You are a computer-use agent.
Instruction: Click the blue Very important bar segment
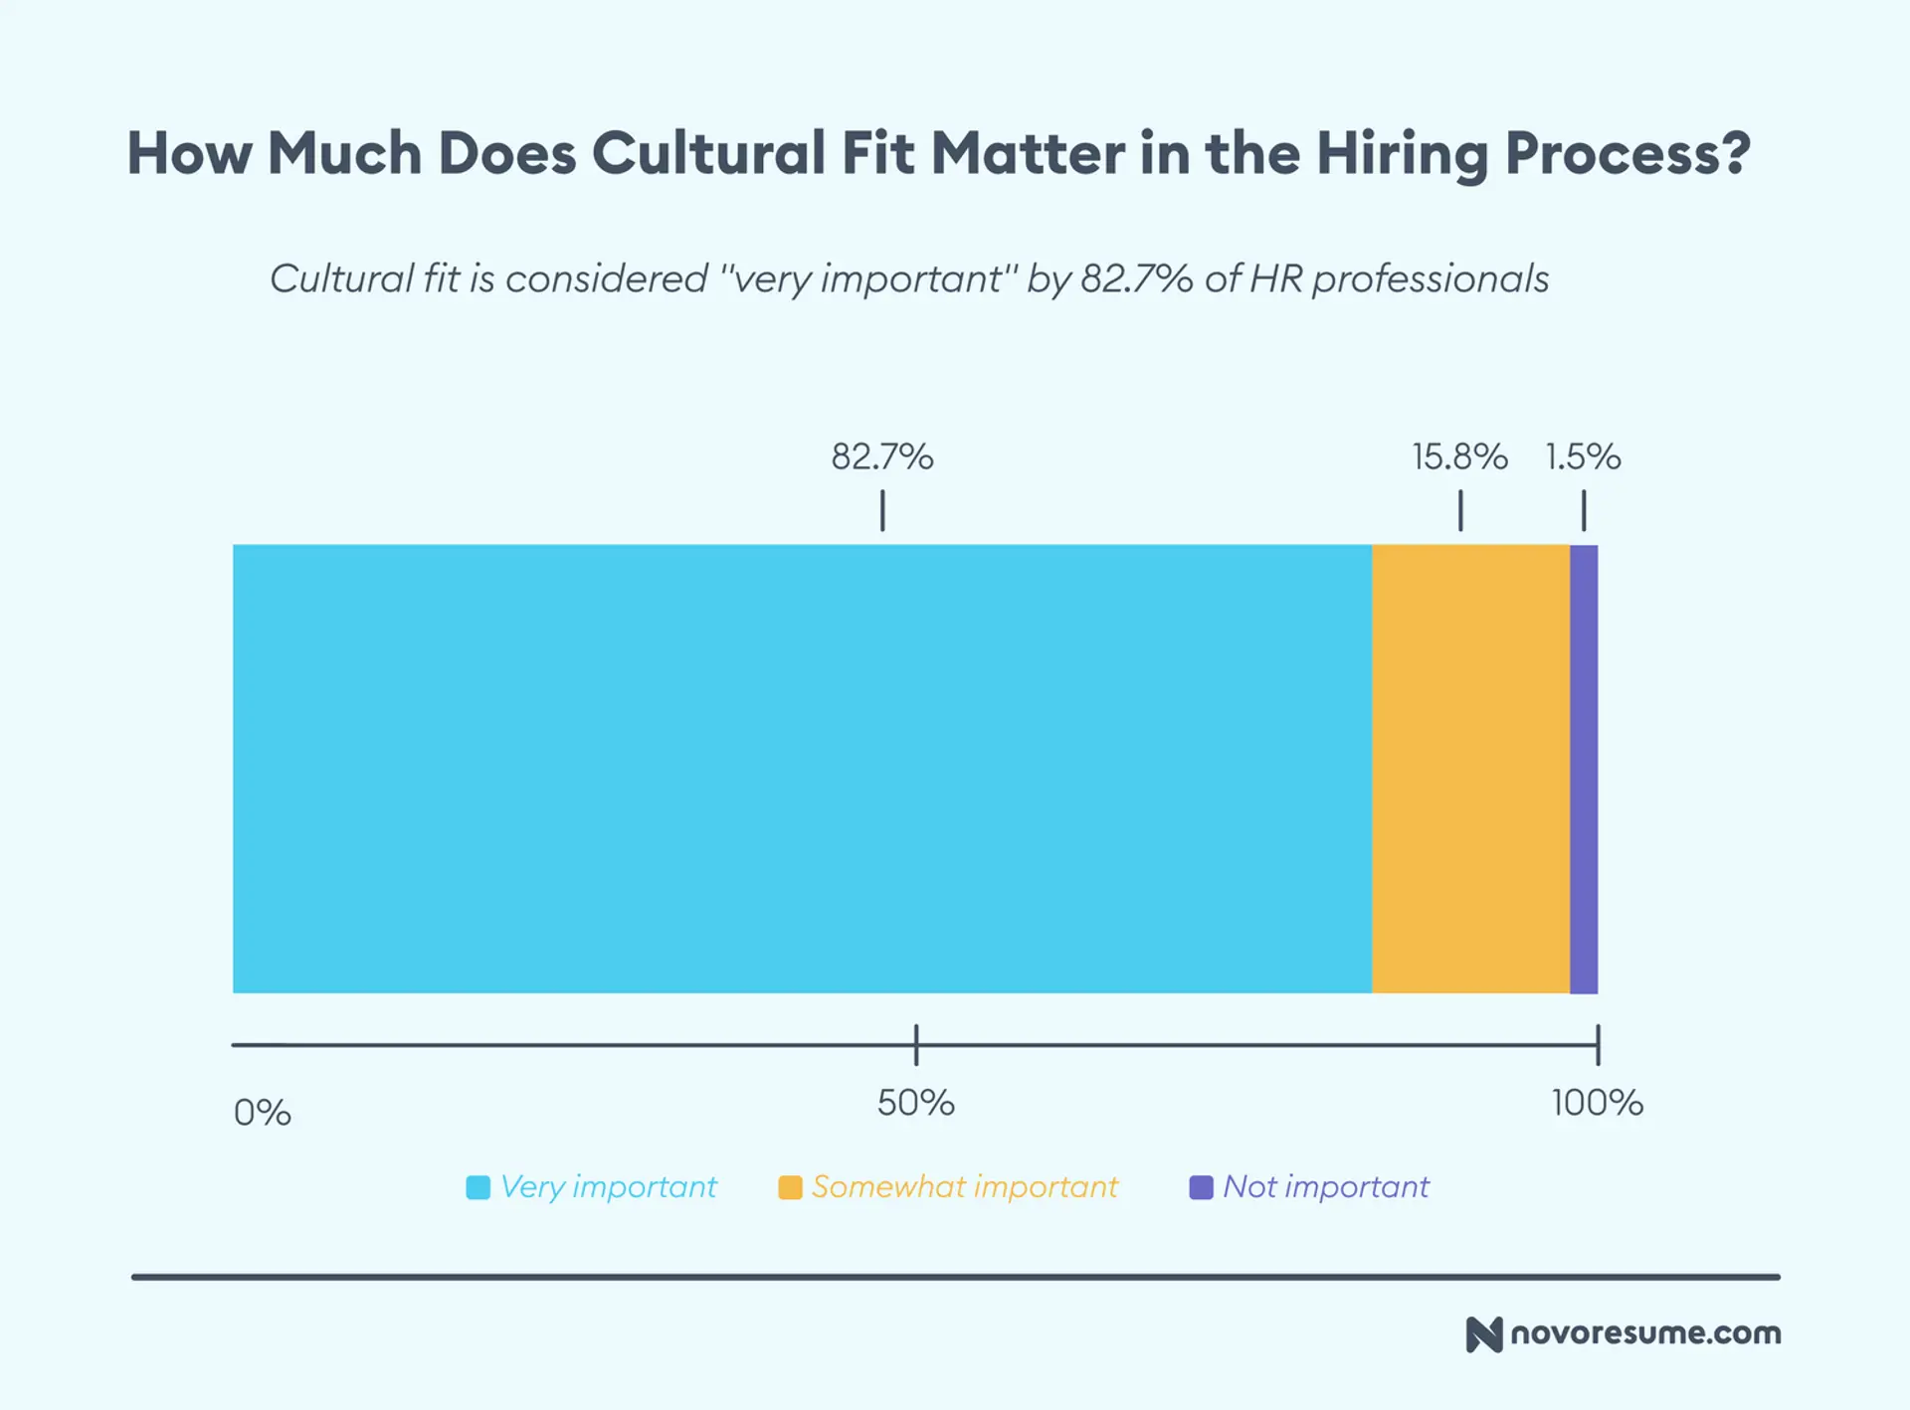pos(802,768)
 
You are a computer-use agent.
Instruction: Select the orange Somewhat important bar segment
pos(1470,768)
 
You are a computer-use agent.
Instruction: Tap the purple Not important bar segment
pos(1584,768)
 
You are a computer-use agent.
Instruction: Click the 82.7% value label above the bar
pos(882,457)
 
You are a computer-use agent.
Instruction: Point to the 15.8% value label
pos(1459,457)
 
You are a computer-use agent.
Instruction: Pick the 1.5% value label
pos(1583,457)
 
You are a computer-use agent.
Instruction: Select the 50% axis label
pos(915,1103)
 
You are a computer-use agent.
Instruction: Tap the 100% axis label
pos(1597,1103)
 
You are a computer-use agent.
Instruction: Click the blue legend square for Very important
pos(478,1187)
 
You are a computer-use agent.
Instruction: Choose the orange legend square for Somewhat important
pos(790,1187)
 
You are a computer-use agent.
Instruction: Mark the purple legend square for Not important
pos(1201,1187)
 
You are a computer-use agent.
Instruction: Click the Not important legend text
pos(1325,1186)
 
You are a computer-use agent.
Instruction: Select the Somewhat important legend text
pos(964,1186)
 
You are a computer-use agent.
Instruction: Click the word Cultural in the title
pos(708,154)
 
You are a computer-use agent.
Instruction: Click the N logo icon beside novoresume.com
pos(1483,1334)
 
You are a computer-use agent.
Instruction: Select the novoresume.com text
pos(1645,1333)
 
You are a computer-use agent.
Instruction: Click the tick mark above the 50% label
pos(916,1045)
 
